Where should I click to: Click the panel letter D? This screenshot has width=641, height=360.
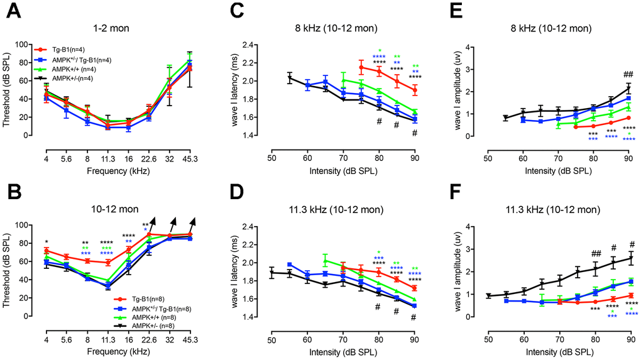235,189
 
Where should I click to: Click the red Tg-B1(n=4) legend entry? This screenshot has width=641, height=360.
71,48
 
